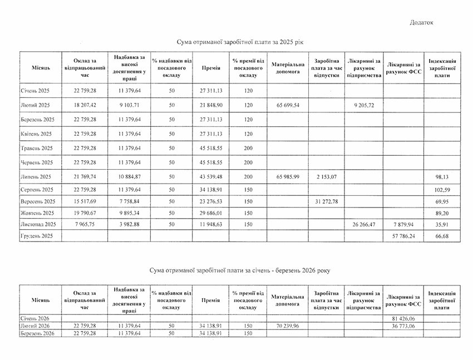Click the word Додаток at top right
pos(421,22)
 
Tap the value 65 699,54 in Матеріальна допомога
pos(287,105)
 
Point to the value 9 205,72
pos(363,105)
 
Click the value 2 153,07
pos(326,176)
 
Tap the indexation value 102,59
pos(442,189)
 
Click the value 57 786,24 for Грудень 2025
pos(403,235)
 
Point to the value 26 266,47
pos(363,224)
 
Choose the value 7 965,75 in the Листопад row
pos(85,224)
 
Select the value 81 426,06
pos(403,317)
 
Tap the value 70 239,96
pos(287,325)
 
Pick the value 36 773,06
pos(403,325)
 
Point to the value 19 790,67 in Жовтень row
pos(85,213)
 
